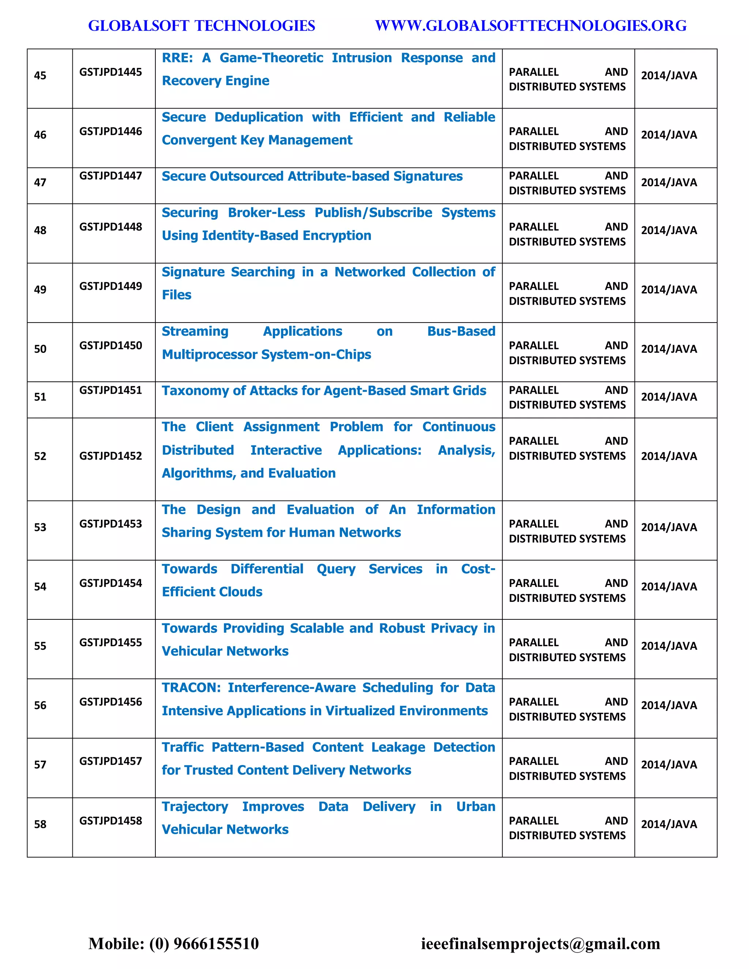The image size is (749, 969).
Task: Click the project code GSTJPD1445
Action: coord(110,72)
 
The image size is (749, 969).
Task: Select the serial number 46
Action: coord(40,135)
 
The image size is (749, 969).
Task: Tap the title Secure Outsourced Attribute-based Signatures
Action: coord(312,177)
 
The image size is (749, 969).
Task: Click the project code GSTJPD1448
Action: coord(110,227)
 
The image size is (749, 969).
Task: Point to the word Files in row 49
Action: coord(177,295)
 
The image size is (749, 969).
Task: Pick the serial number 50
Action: coord(40,349)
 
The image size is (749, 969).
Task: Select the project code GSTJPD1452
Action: coord(110,456)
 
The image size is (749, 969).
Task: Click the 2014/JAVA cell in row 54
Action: coord(669,587)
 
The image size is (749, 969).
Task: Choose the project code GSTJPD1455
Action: coord(110,642)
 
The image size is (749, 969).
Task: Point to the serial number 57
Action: coord(40,765)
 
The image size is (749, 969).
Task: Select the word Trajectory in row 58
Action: coord(195,807)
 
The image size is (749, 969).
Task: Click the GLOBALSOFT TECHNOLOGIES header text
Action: coord(202,26)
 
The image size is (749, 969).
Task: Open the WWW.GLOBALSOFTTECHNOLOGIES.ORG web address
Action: coord(531,26)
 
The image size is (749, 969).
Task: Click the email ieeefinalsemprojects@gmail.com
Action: coord(541,943)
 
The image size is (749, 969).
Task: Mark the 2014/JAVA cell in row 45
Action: coord(669,75)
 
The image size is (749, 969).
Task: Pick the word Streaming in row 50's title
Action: coord(195,331)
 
